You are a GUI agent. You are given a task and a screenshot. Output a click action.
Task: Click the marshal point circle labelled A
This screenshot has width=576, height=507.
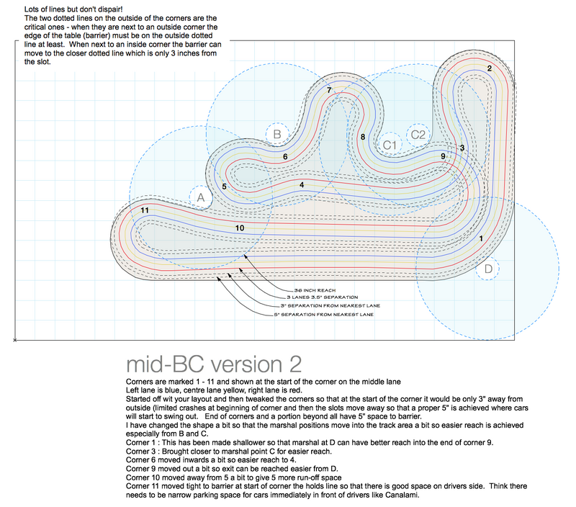(201, 197)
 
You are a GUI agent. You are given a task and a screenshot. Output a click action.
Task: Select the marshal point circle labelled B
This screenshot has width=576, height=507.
(276, 134)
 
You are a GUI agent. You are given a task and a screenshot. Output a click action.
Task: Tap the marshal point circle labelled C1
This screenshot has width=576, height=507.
(390, 145)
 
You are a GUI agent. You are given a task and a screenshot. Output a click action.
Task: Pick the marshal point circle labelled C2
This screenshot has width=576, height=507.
(418, 134)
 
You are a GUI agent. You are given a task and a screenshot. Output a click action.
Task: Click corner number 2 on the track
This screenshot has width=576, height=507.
(490, 68)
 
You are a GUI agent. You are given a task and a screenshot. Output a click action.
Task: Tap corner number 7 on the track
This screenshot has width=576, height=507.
(329, 90)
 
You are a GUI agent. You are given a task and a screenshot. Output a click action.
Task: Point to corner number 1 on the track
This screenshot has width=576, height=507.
(481, 238)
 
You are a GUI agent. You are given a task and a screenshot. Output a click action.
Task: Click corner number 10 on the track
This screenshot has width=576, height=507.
(240, 228)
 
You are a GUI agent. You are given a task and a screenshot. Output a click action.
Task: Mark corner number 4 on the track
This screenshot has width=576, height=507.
(302, 185)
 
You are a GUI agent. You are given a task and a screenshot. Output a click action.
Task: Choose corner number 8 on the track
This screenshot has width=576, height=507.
(363, 137)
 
